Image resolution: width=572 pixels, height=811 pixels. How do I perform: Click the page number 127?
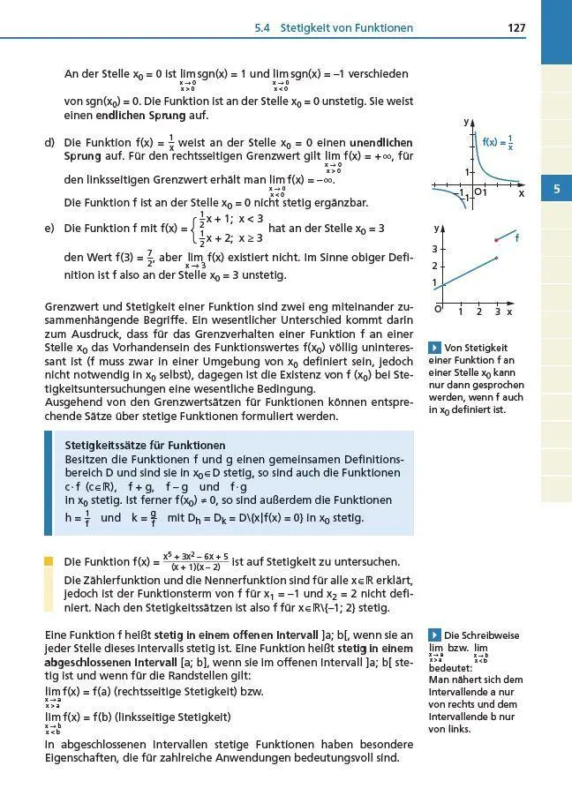point(516,28)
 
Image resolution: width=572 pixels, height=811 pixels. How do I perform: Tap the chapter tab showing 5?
point(555,189)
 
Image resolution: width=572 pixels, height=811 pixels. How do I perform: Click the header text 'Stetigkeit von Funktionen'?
point(346,28)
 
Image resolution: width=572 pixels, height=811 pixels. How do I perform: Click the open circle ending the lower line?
point(497,259)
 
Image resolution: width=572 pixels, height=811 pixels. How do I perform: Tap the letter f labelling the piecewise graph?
point(516,238)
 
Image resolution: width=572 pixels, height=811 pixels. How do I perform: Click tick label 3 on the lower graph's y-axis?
point(434,250)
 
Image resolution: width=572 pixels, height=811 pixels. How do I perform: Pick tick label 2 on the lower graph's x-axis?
point(478,312)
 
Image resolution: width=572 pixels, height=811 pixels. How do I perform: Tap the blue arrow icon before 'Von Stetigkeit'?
point(433,347)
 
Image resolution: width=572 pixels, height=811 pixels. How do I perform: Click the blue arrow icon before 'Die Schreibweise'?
point(433,635)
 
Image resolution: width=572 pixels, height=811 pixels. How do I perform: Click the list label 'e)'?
point(49,229)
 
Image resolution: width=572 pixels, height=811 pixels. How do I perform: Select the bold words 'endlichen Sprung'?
point(152,116)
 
